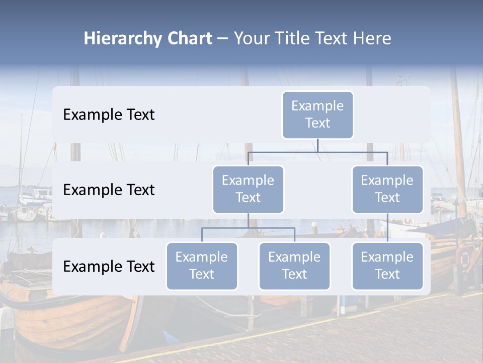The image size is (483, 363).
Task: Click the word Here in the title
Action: (x=373, y=39)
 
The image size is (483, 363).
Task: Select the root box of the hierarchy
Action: (x=317, y=115)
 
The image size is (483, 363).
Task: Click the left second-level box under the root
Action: (x=248, y=190)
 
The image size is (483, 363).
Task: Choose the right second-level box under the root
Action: (x=387, y=190)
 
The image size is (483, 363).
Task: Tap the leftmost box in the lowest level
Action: (x=202, y=266)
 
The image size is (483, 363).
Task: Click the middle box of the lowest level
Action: (x=294, y=266)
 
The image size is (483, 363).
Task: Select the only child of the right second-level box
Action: (x=387, y=266)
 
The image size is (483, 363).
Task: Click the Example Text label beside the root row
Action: (x=109, y=115)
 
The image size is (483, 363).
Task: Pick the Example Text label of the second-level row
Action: (x=109, y=190)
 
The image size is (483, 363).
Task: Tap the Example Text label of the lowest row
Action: (x=109, y=267)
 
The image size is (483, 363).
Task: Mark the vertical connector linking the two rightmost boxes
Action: (x=387, y=228)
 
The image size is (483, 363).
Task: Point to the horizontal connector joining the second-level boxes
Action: (x=317, y=152)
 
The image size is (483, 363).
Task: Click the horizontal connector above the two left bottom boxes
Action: (x=248, y=228)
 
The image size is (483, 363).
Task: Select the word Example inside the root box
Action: (x=317, y=106)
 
